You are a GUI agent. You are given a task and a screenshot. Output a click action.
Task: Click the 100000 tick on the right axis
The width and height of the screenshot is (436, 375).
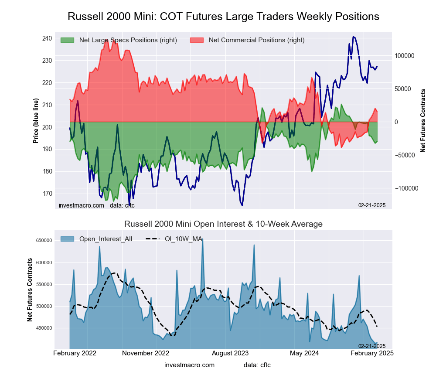click(x=404, y=56)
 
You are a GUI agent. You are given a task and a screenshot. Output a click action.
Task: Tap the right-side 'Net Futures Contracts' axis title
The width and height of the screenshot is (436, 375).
click(x=423, y=120)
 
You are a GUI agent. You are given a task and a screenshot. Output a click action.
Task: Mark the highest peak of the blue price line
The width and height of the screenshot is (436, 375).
click(x=354, y=37)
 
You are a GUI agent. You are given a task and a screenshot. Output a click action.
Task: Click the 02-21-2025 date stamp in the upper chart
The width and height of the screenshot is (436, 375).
click(x=372, y=205)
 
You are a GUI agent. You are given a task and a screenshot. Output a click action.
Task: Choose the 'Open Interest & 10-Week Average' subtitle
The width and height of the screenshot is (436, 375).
click(x=223, y=224)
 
